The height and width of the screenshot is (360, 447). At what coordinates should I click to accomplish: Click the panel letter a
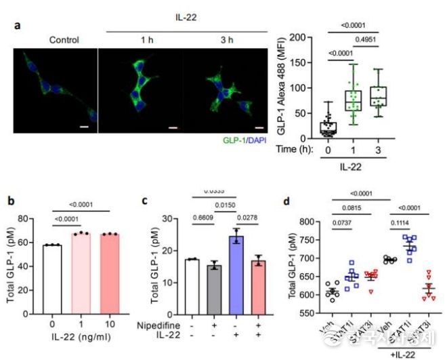[x=18, y=26]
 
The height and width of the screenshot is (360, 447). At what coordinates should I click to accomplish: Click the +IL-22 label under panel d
[x=401, y=353]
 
